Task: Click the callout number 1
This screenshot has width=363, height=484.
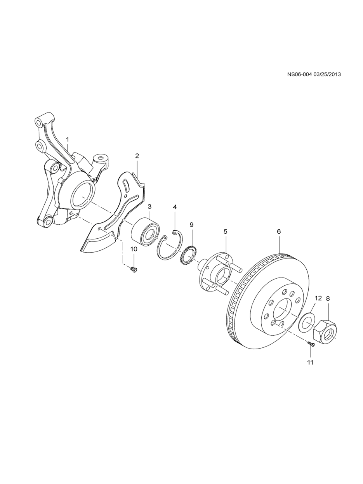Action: [x=68, y=140]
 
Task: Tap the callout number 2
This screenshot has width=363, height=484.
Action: [x=137, y=156]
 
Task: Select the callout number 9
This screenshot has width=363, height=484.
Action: [x=191, y=225]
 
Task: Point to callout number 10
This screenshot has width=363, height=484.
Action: [x=134, y=249]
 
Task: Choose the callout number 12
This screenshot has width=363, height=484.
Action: [x=318, y=298]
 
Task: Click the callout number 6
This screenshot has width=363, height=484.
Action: [x=279, y=232]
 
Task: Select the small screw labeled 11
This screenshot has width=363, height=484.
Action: [x=311, y=350]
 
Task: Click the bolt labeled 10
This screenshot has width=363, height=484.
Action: [x=134, y=269]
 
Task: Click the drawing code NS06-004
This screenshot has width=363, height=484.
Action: [x=299, y=74]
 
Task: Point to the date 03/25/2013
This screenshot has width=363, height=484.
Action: [x=327, y=74]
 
